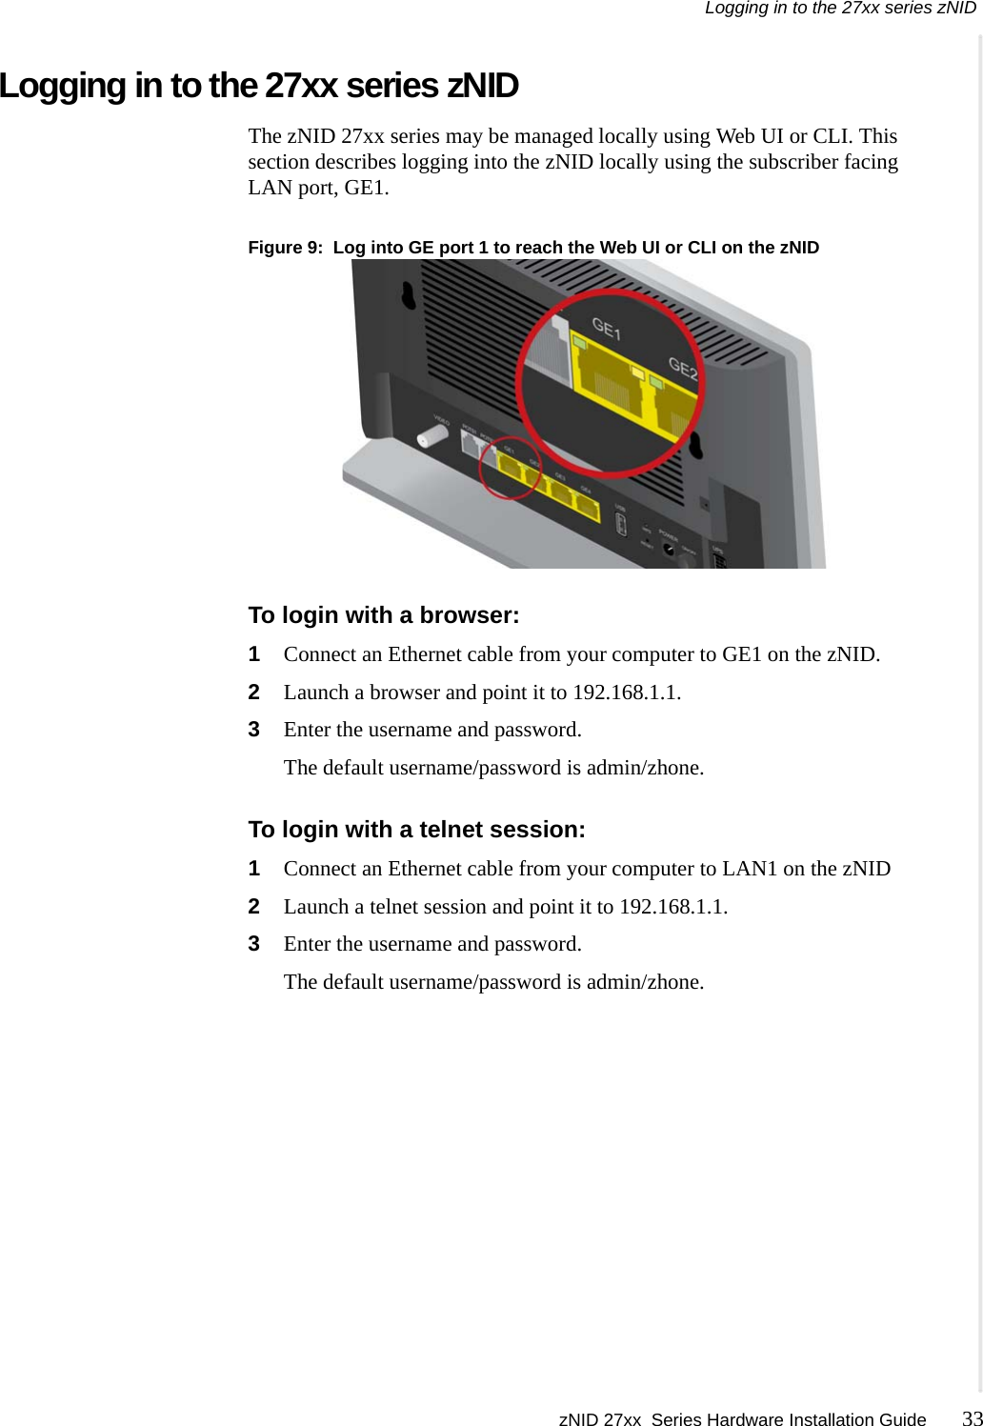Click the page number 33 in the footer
coord(971,1417)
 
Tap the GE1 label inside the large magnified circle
coord(606,330)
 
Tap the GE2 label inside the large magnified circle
coord(682,367)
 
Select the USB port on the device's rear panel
coord(620,524)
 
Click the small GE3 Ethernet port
coord(559,492)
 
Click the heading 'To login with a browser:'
coord(384,615)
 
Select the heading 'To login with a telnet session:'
coord(416,830)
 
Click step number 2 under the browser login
coord(254,693)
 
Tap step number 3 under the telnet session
coord(254,944)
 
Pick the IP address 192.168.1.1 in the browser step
coord(626,693)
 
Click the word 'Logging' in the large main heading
coord(63,86)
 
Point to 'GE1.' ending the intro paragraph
coord(367,188)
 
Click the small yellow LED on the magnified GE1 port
coord(580,341)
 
